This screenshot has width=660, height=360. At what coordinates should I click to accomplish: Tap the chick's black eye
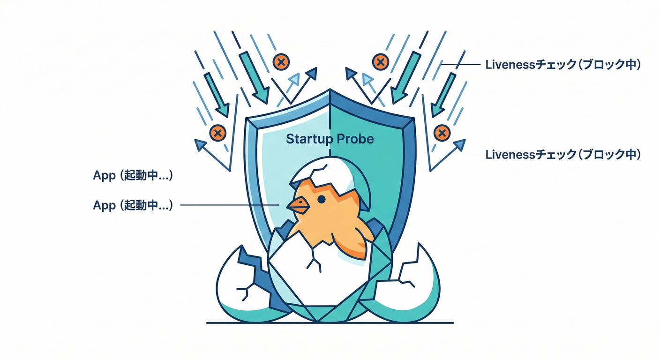321,199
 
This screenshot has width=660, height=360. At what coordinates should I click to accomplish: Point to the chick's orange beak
297,204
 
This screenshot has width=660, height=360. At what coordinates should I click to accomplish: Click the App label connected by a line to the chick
133,205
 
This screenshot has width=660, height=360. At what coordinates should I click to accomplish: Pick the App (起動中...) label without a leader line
133,176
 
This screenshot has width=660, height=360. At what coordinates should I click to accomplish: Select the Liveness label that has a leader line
562,65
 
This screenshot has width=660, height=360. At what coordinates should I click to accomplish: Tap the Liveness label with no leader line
562,154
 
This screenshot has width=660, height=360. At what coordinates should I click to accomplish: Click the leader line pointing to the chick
230,205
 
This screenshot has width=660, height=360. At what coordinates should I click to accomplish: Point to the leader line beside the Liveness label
462,65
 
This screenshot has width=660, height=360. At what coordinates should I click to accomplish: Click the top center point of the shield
330,91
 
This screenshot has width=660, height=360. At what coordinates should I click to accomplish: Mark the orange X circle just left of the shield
217,133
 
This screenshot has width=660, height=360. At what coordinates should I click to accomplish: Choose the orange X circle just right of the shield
442,133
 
